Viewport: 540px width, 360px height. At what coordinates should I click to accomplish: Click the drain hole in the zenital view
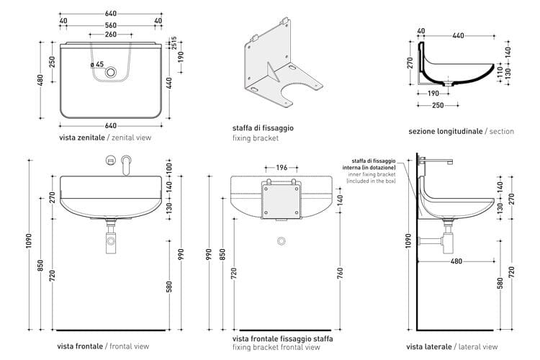tap(110, 73)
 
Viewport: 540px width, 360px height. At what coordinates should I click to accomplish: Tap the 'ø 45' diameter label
tap(97, 64)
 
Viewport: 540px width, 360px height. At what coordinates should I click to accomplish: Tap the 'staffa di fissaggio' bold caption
tap(263, 127)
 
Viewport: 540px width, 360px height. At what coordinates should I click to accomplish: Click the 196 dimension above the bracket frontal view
tap(282, 168)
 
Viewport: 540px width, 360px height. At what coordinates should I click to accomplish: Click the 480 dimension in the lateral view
tap(456, 261)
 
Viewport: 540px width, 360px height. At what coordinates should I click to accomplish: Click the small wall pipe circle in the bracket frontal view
tap(282, 239)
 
